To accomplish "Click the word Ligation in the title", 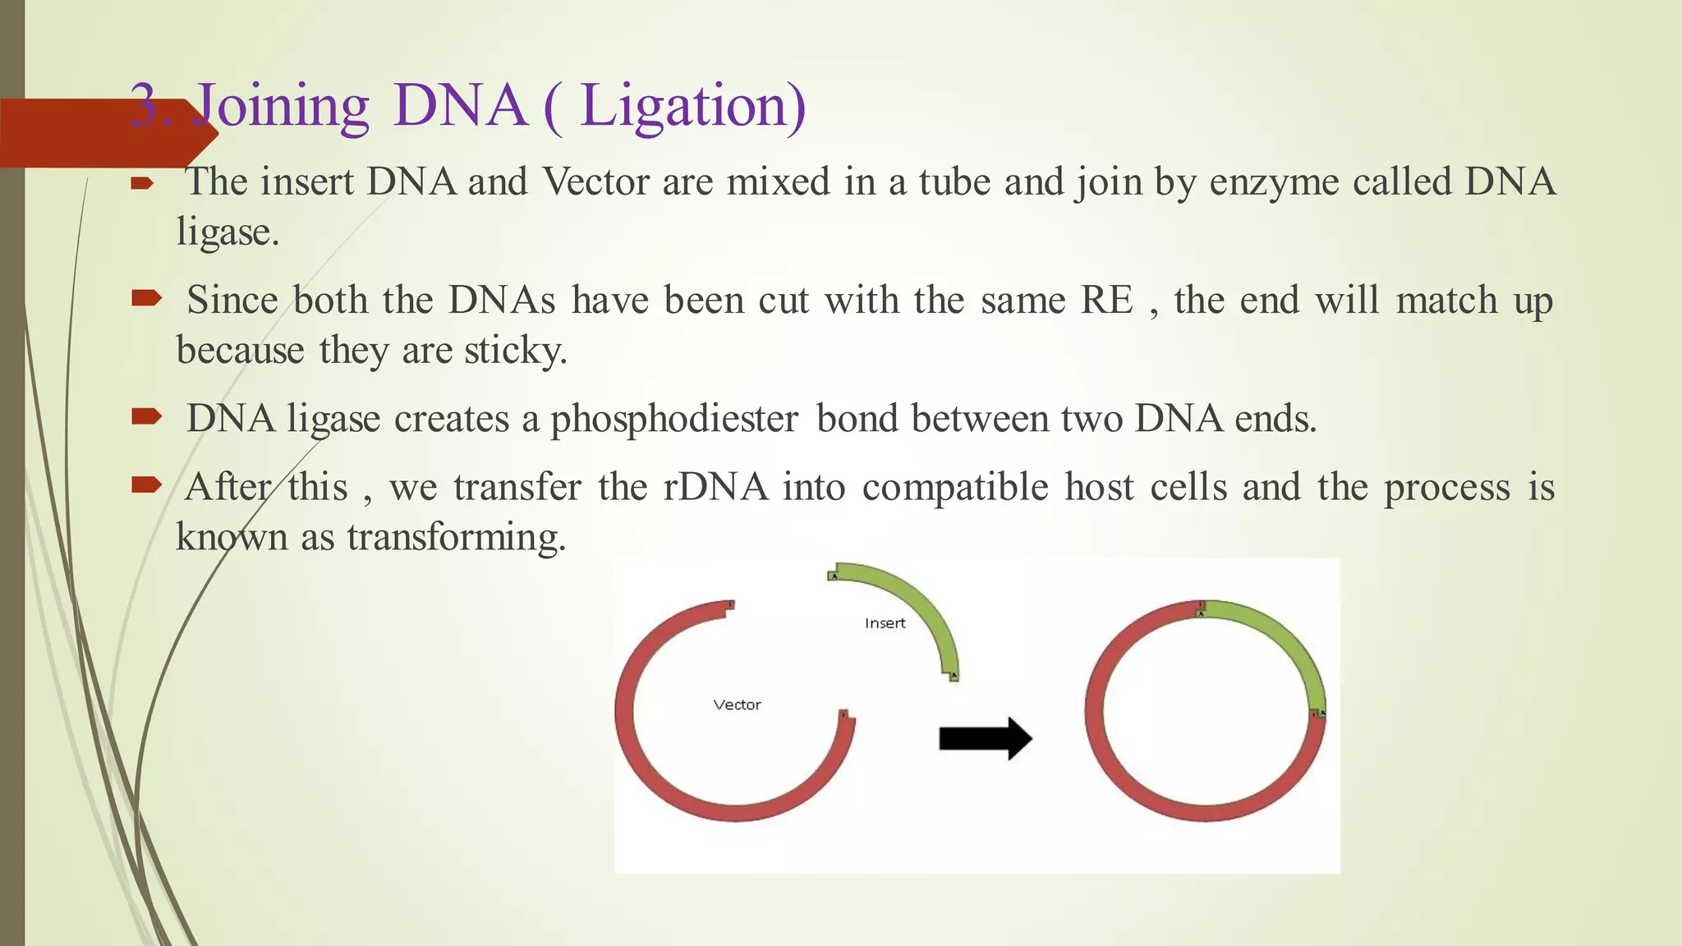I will coord(692,107).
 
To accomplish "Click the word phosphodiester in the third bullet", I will coord(673,419).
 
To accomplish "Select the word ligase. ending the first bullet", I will coord(227,232).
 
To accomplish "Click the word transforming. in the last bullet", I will coord(457,538).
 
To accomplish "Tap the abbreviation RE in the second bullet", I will coord(1106,300).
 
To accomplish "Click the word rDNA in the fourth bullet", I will coord(715,487).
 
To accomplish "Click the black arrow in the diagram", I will coord(985,738).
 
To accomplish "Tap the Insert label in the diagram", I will coord(885,623).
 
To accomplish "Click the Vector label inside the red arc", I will coord(737,705).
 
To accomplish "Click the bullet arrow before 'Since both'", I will coord(146,298).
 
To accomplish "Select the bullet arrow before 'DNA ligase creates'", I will coord(146,417).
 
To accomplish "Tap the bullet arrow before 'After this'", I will coord(146,485).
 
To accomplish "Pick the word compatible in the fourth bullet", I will coord(955,487).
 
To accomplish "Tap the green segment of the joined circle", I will coord(1281,641).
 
